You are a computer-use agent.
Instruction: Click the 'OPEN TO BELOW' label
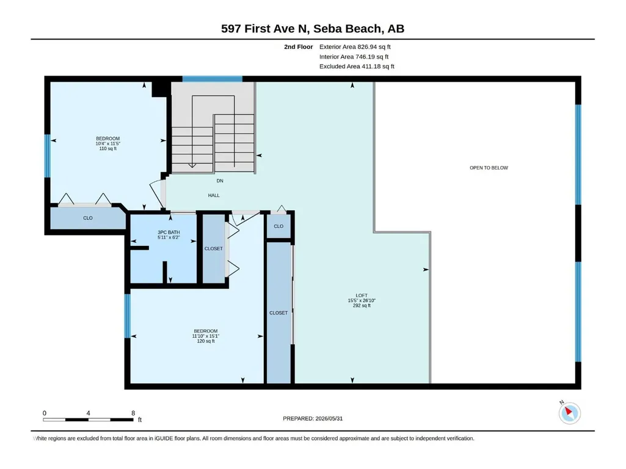pyautogui.click(x=489, y=168)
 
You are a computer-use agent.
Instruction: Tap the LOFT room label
pyautogui.click(x=362, y=296)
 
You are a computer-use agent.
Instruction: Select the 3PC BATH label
pyautogui.click(x=169, y=232)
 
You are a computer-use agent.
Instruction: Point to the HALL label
pyautogui.click(x=214, y=195)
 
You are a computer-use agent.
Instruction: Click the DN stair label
pyautogui.click(x=220, y=181)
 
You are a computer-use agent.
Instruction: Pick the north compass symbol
pyautogui.click(x=569, y=413)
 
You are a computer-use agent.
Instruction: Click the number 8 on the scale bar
pyautogui.click(x=133, y=413)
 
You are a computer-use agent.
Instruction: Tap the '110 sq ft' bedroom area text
pyautogui.click(x=107, y=148)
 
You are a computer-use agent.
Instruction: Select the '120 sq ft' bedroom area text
pyautogui.click(x=206, y=341)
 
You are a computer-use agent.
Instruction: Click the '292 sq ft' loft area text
pyautogui.click(x=362, y=306)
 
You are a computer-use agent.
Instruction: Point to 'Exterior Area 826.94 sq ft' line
pyautogui.click(x=355, y=47)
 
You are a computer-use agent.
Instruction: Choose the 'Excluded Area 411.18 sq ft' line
pyautogui.click(x=357, y=66)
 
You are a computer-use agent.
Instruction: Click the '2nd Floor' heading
pyautogui.click(x=299, y=47)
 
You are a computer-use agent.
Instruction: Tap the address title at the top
pyautogui.click(x=313, y=29)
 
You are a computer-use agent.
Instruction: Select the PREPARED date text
pyautogui.click(x=313, y=418)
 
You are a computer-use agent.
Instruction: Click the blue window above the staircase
pyautogui.click(x=213, y=79)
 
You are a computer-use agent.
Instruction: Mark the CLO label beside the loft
pyautogui.click(x=278, y=226)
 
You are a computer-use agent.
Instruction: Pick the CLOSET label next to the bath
pyautogui.click(x=214, y=248)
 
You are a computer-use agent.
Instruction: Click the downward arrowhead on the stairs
pyautogui.click(x=192, y=165)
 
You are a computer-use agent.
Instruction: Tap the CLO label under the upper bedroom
pyautogui.click(x=88, y=218)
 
